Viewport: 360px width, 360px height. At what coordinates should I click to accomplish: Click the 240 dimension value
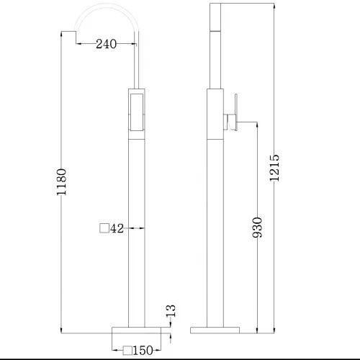pyautogui.click(x=106, y=44)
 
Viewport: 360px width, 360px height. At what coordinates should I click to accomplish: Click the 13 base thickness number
pyautogui.click(x=171, y=312)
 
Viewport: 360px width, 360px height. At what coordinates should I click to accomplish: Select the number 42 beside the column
pyautogui.click(x=118, y=229)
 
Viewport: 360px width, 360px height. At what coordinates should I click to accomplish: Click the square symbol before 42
pyautogui.click(x=104, y=229)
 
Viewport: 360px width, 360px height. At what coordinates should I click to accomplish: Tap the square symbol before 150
pyautogui.click(x=127, y=351)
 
